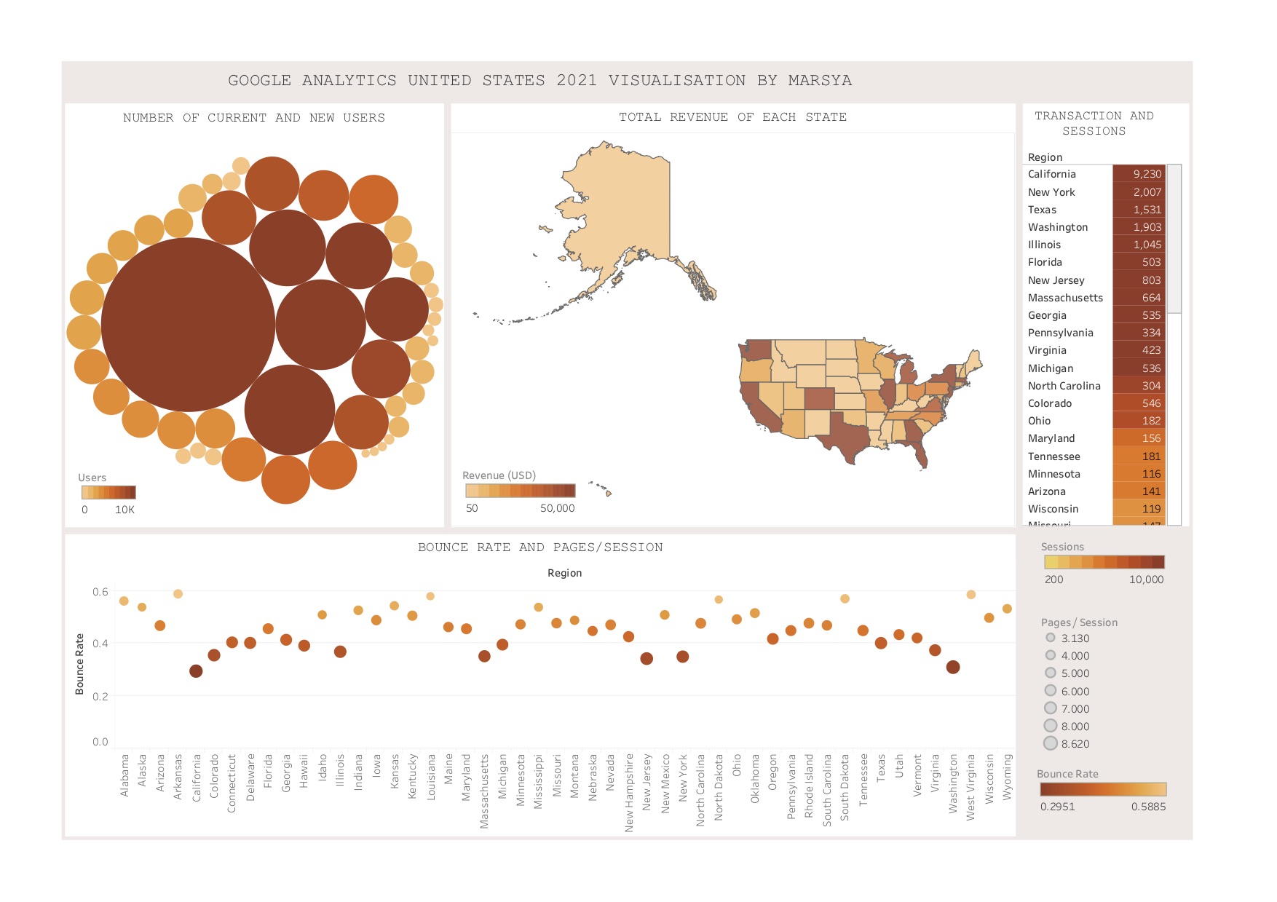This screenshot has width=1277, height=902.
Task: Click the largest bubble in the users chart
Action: coord(188,325)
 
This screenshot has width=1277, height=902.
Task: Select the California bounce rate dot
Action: coord(196,671)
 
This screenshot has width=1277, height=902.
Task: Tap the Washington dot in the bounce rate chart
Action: coord(953,667)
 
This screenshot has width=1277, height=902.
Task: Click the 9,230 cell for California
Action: coord(1139,174)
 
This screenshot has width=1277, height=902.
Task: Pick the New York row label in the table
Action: coord(1051,192)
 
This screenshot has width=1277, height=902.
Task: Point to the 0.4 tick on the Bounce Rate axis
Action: coord(100,644)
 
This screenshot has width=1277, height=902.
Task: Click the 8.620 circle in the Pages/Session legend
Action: coord(1051,743)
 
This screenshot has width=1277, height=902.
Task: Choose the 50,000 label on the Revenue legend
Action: coord(557,508)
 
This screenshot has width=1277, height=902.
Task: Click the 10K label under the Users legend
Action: coord(124,510)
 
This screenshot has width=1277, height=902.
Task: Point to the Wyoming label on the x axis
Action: coord(1008,777)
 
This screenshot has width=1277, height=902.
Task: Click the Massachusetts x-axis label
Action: coord(484,791)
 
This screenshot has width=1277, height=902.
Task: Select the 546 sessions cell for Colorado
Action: coord(1139,403)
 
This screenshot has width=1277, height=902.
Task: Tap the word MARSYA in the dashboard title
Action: coord(820,80)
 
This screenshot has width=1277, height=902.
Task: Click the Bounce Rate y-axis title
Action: coord(80,664)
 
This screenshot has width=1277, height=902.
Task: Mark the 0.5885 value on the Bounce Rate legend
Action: coord(1148,807)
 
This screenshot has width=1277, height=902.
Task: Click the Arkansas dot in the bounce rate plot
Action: coord(178,594)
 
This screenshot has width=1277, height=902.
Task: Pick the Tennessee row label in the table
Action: coord(1053,456)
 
